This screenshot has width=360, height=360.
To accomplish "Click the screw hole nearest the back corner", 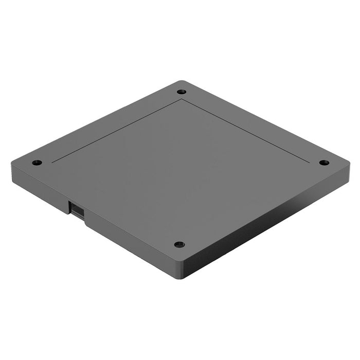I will coord(181,92).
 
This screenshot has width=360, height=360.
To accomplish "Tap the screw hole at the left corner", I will coord(36,163).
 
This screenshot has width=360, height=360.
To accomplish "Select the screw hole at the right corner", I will coord(324,163).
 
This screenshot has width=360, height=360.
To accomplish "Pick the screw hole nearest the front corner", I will coord(179,244).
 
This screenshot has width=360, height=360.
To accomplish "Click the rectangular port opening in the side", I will coord(76,210).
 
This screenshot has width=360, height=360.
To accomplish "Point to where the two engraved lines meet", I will coord(181,99).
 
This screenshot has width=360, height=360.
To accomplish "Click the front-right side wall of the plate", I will coord(267,226).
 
